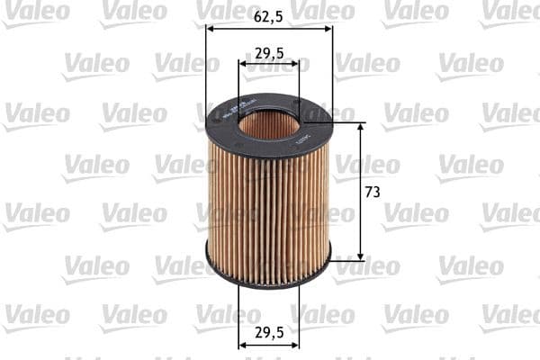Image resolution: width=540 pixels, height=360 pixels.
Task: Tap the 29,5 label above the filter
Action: click(269, 53)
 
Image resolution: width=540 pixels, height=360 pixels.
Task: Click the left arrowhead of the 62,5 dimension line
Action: click(211, 28)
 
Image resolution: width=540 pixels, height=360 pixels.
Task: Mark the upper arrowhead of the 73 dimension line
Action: click(361, 127)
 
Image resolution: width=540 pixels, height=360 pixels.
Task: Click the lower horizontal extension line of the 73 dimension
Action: click(346, 261)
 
